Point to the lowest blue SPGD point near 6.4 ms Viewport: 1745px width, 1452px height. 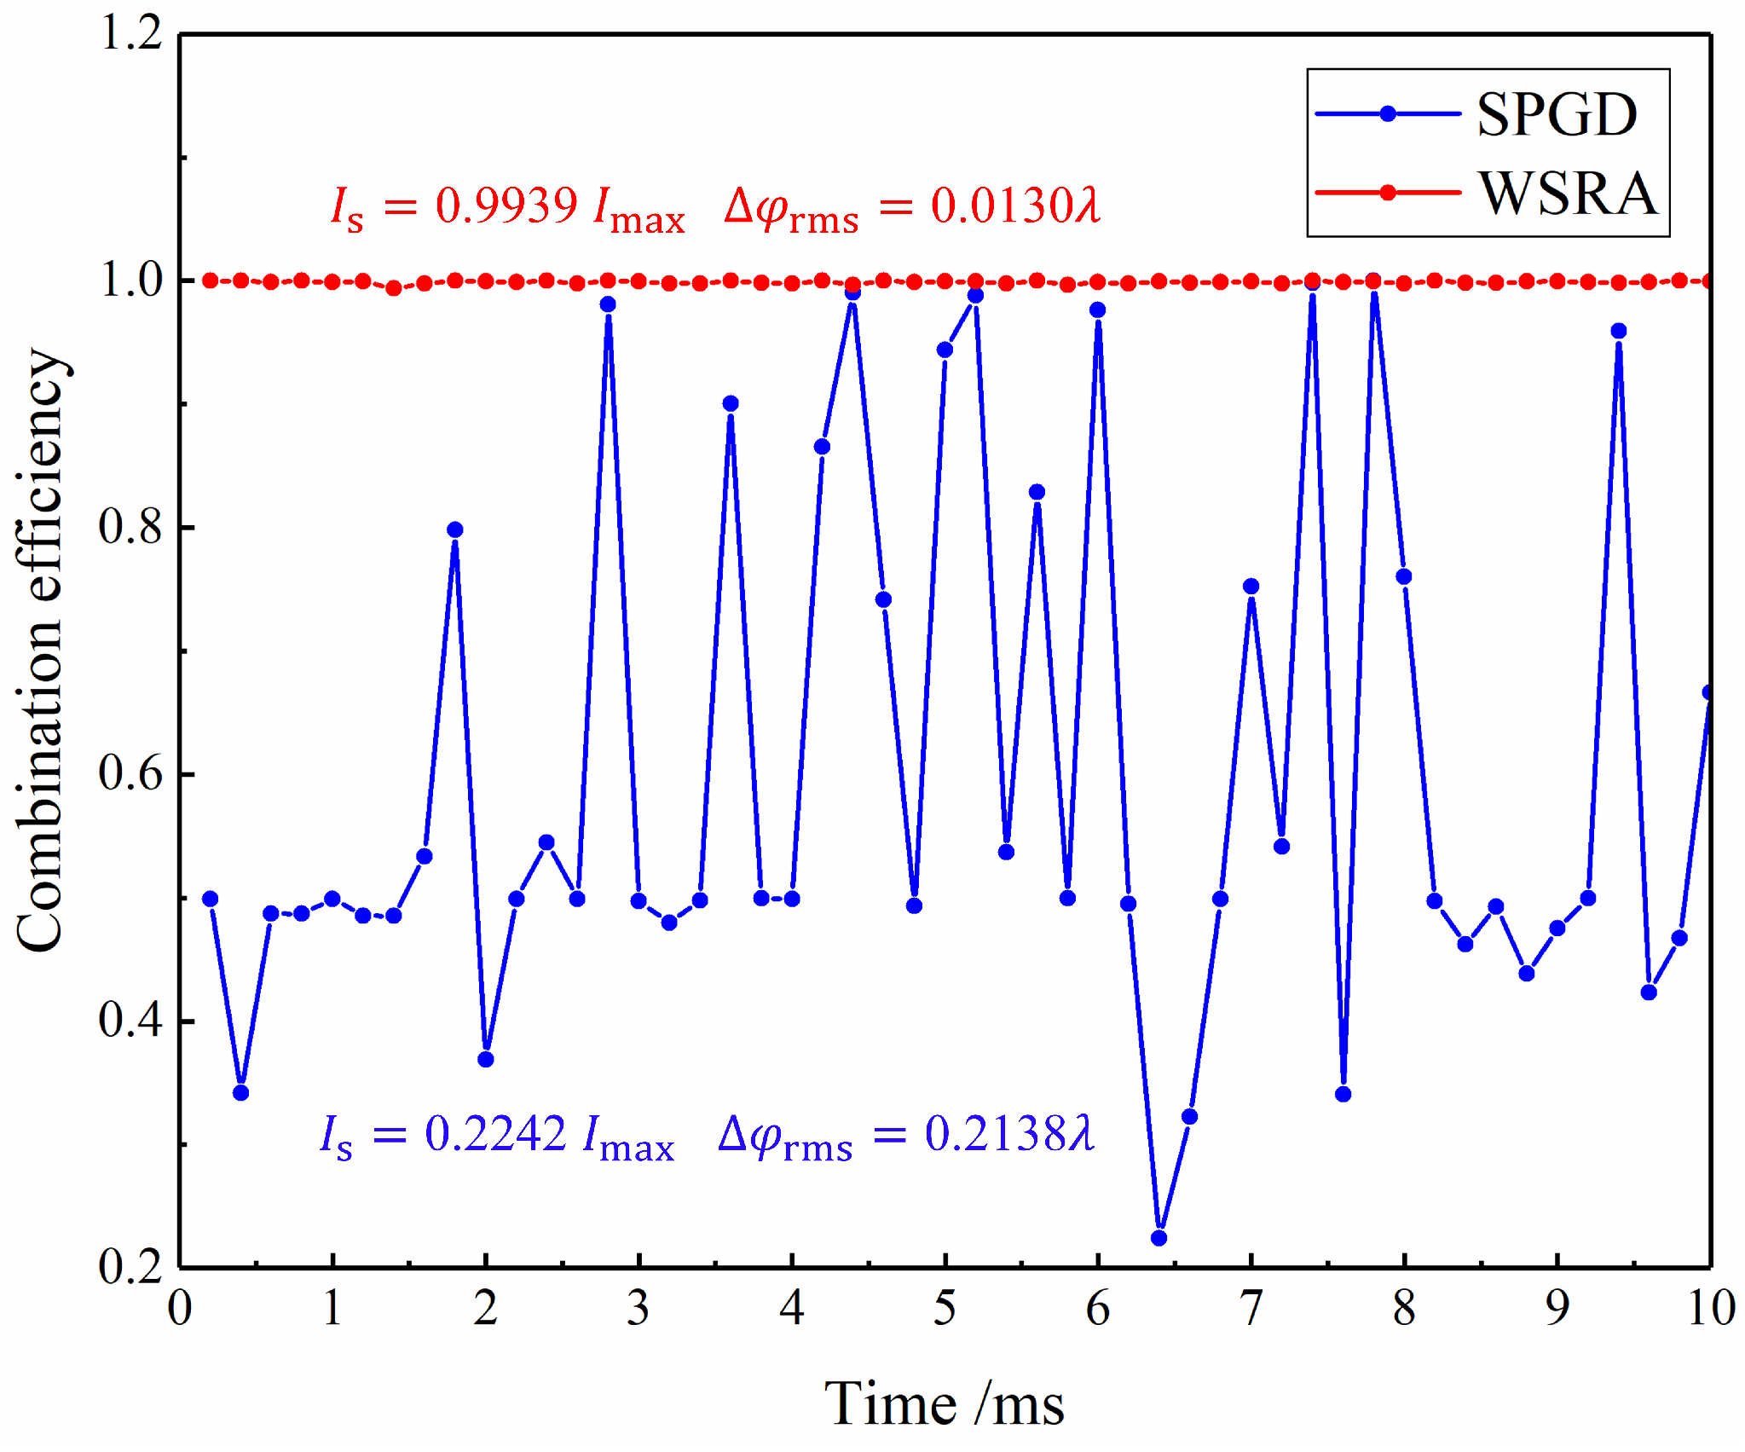[1159, 1237]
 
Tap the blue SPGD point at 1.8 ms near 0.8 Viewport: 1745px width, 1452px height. [454, 529]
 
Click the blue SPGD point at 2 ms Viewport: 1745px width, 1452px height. [485, 1059]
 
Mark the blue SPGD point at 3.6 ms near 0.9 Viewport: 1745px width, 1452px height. [730, 403]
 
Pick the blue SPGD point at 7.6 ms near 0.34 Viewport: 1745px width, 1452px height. [1343, 1094]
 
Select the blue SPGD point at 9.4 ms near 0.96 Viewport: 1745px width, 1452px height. [1618, 331]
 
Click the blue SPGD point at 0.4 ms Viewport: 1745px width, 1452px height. [240, 1092]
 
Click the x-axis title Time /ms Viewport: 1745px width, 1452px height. [944, 1403]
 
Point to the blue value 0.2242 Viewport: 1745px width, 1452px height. [495, 1134]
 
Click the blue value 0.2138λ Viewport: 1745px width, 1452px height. [1009, 1134]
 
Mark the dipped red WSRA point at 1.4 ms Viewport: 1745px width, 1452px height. [393, 288]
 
